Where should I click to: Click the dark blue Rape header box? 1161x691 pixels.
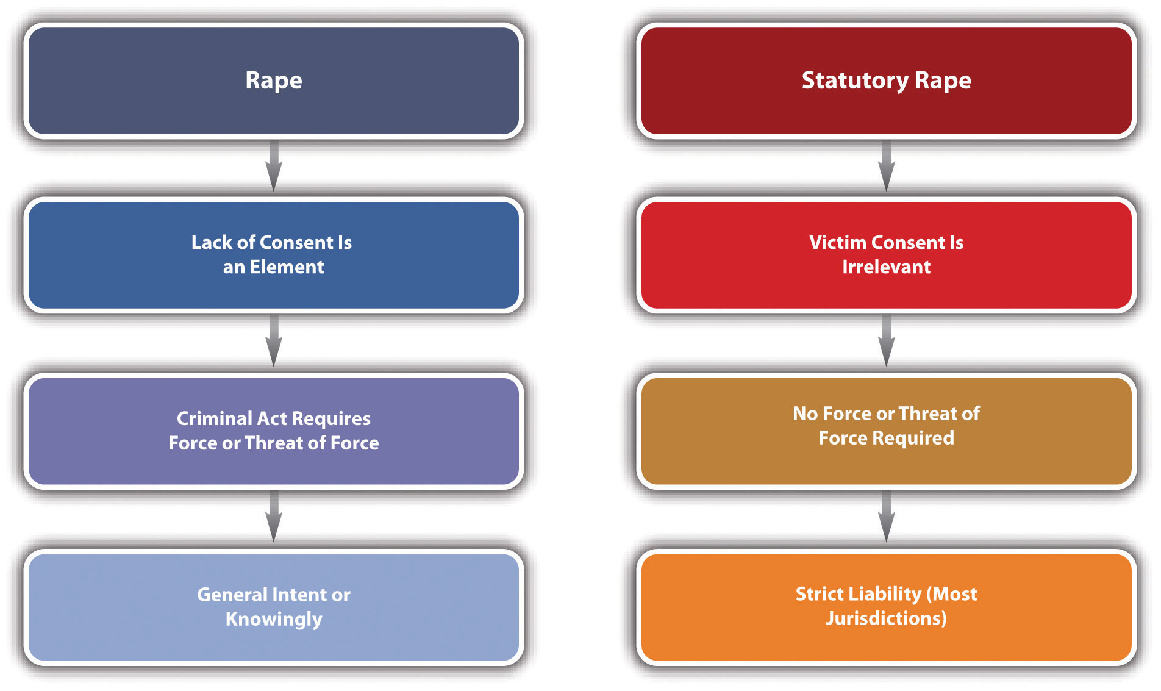[274, 81]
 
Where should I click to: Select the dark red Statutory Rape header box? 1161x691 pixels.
[887, 81]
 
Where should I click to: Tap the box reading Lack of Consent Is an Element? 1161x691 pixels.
[274, 255]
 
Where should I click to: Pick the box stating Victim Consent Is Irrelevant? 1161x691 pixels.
[887, 255]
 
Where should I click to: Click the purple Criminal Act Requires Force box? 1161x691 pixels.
[274, 431]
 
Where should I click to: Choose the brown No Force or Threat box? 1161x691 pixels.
[887, 431]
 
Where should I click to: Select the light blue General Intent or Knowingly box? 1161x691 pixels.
[274, 607]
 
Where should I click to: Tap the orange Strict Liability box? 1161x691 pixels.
[887, 607]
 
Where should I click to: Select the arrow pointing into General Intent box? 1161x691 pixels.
[274, 517]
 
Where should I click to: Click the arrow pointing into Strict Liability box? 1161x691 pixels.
[887, 517]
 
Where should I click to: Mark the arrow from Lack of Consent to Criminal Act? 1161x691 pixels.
[274, 340]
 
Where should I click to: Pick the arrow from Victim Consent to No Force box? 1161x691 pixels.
[887, 340]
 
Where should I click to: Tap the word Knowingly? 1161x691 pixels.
[274, 620]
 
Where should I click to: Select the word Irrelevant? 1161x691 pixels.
[887, 267]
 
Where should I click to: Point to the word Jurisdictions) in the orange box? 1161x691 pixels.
[887, 618]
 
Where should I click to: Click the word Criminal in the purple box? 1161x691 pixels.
[214, 418]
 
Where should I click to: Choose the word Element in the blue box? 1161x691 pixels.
[287, 267]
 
